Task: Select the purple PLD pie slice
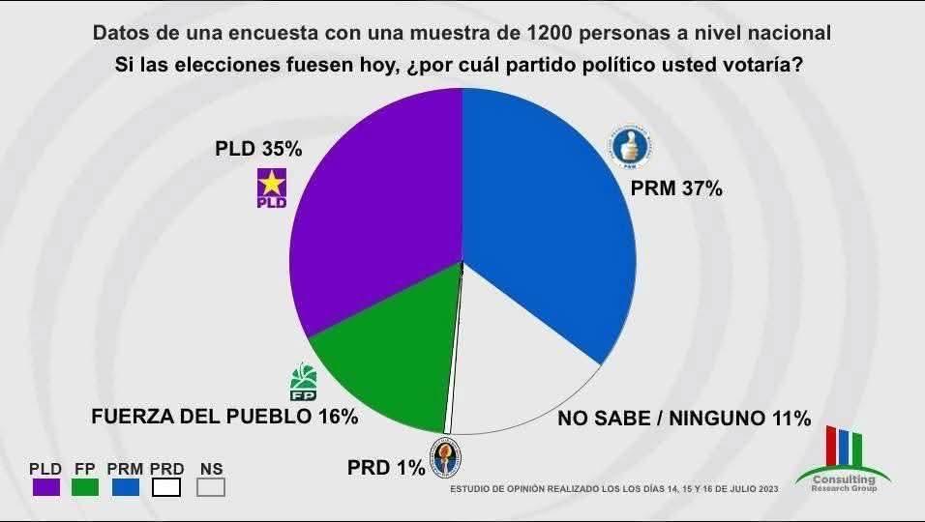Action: (x=377, y=213)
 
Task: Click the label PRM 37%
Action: (x=676, y=189)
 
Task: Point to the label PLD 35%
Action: (x=258, y=150)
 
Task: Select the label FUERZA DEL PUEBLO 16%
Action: (x=224, y=418)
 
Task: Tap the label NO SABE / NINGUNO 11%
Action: (x=684, y=419)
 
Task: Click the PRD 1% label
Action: (x=386, y=469)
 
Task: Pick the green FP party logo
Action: (x=304, y=383)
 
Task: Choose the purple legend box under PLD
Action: (x=45, y=487)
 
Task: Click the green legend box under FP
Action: (x=84, y=487)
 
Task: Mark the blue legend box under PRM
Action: (x=126, y=487)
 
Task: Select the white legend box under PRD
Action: (x=166, y=487)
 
